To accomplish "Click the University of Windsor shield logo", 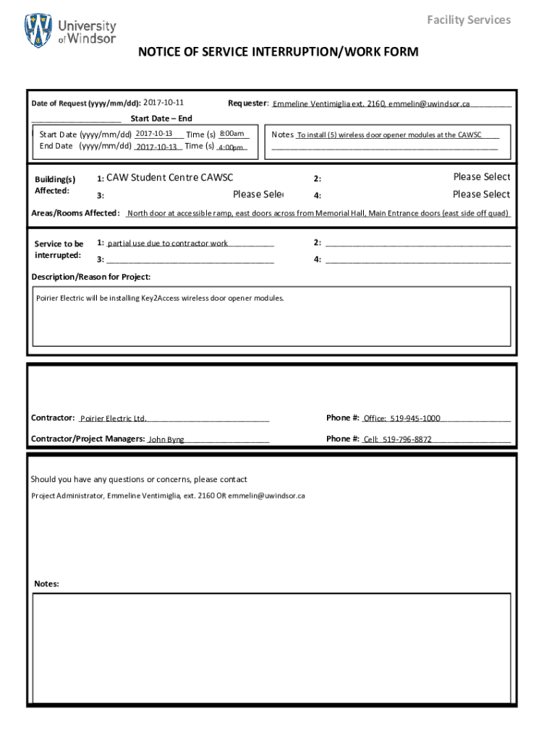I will (x=38, y=30).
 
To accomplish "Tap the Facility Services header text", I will (x=468, y=20).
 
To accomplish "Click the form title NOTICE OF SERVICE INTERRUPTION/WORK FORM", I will (x=278, y=52).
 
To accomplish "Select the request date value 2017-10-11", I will (x=164, y=103).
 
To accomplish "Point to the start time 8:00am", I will (x=231, y=134).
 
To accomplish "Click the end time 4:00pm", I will (x=231, y=147).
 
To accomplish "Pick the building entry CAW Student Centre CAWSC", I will (x=170, y=178).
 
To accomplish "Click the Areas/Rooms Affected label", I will (x=75, y=213).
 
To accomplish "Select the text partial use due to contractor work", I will (x=168, y=244).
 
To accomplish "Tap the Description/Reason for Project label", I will (x=91, y=277).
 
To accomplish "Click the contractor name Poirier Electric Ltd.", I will (x=114, y=418).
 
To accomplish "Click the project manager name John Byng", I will (x=166, y=439).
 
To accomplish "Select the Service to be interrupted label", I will (x=59, y=249).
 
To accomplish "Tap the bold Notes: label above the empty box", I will (x=47, y=584).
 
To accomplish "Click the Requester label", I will (x=248, y=103).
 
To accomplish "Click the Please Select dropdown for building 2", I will (x=481, y=177).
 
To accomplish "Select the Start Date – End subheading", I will (x=161, y=119).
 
